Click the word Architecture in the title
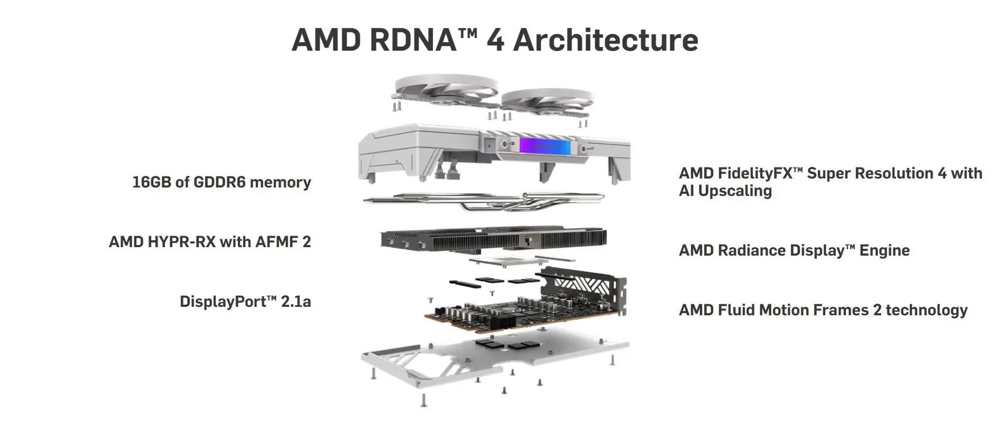tap(605, 40)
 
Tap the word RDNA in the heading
tap(413, 40)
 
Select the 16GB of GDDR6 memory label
tap(222, 182)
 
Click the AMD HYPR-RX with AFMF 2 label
tap(210, 242)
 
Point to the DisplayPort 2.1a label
tap(245, 302)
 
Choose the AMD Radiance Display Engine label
tap(794, 250)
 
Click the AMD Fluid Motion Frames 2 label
tap(823, 310)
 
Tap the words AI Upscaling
tap(725, 191)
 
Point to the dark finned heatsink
tap(492, 240)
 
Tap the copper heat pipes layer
tap(484, 201)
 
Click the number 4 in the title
tap(495, 40)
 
